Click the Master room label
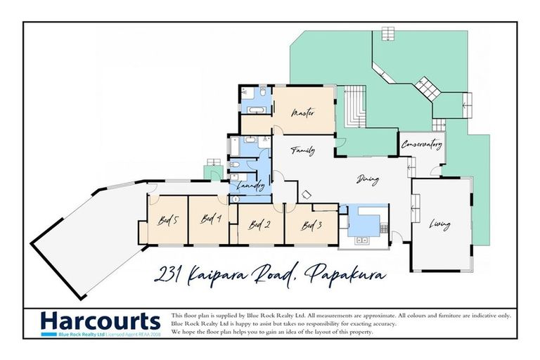tap(302, 112)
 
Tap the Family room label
tap(303, 150)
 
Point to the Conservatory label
tap(422, 146)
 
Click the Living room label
tap(440, 225)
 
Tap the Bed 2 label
tap(259, 226)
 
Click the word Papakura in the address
tap(347, 273)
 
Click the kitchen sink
tap(362, 240)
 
